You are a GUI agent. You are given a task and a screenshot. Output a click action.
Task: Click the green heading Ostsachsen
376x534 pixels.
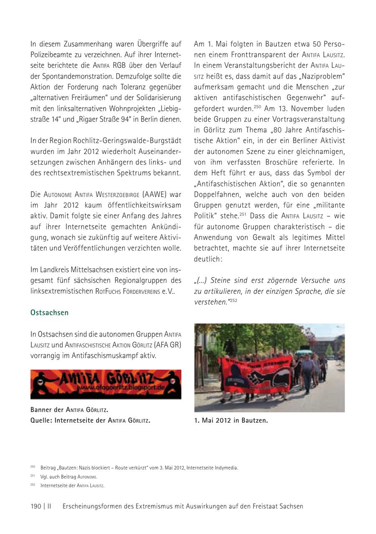coord(49,313)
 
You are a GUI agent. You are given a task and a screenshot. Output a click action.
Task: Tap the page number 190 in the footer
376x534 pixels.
coord(36,506)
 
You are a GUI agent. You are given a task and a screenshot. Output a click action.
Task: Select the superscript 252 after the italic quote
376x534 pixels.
coord(233,300)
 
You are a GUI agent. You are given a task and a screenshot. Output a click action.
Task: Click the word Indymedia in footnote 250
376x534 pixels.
coord(225,467)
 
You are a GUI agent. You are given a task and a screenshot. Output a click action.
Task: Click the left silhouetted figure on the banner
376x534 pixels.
coord(42,383)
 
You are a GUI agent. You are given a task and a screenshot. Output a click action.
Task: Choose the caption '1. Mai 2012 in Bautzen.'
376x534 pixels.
coord(231,420)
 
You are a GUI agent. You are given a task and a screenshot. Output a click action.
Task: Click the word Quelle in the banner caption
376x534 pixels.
coord(41,420)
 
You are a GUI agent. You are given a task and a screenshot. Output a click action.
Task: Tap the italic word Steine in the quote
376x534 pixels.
coord(221,280)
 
